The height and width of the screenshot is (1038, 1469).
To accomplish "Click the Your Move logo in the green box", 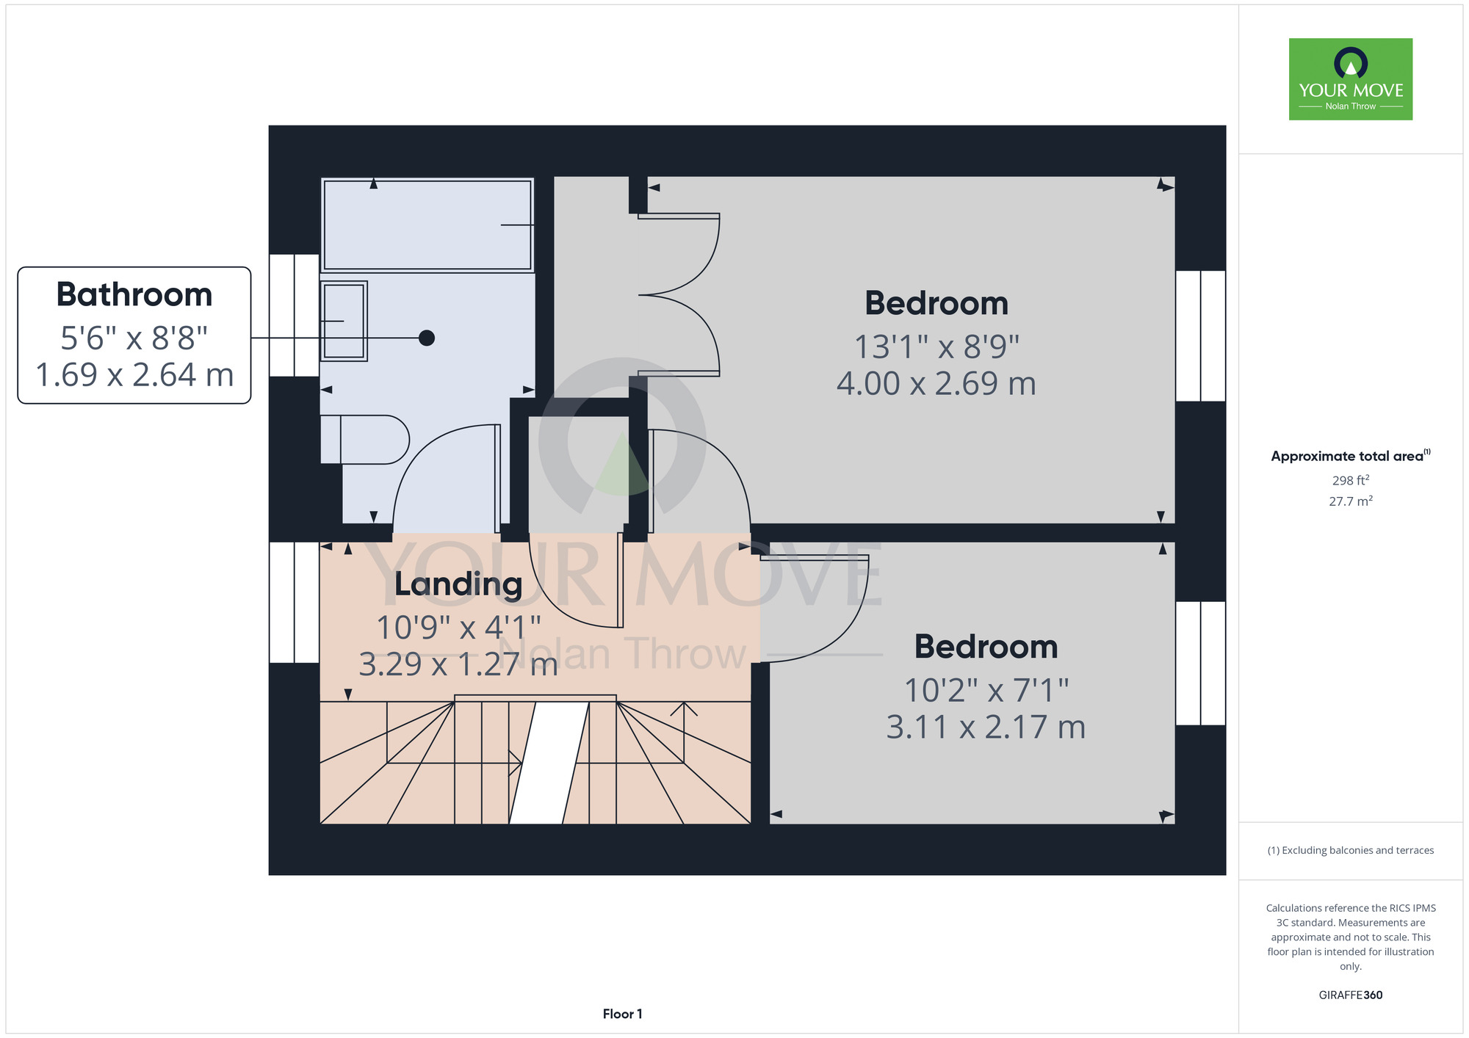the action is point(1351,79).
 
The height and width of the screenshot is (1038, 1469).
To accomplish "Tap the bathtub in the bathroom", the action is point(427,225).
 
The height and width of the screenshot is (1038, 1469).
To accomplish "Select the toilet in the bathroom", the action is point(364,440).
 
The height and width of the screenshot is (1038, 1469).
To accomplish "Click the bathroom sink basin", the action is point(344,321).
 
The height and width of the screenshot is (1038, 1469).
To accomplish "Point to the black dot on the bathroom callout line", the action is point(427,338).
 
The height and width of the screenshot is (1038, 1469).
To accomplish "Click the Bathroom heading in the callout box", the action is point(134,294).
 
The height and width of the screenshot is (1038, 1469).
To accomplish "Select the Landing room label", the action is point(458,584).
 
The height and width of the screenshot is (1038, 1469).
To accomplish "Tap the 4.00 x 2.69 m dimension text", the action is point(936,383).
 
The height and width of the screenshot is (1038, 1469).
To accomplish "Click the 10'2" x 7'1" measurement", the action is point(986,690).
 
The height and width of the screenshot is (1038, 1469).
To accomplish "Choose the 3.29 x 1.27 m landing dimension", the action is point(458,664).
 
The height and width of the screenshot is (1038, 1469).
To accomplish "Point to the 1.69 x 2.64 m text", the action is point(134,375).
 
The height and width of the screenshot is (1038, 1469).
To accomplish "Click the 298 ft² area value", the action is point(1351,480).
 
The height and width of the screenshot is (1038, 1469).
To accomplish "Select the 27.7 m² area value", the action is point(1351,501).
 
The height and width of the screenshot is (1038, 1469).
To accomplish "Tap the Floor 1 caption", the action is point(622,1014).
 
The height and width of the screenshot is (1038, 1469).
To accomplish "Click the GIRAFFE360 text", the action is point(1351,995).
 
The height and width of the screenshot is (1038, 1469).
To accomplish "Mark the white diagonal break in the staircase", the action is point(549,763).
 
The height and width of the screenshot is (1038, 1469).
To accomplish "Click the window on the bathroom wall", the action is point(295,316).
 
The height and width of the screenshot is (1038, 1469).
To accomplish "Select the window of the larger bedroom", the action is point(1201,336).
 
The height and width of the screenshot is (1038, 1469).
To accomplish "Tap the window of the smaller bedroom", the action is point(1201,664).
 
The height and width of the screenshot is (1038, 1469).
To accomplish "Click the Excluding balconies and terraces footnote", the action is point(1351,850).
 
